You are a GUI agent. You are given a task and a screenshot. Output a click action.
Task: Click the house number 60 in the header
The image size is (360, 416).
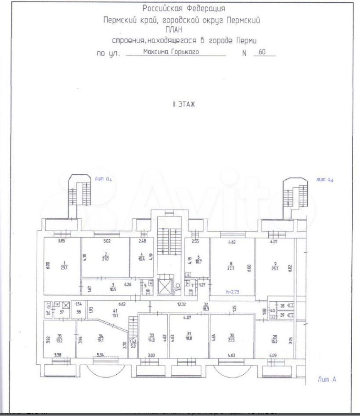tap(262, 52)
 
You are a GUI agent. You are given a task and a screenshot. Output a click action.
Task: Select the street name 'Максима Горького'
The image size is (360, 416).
tap(171, 52)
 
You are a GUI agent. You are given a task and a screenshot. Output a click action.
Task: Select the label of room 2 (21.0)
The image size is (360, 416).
tap(105, 255)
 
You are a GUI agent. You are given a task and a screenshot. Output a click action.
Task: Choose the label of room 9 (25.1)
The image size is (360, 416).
tap(275, 265)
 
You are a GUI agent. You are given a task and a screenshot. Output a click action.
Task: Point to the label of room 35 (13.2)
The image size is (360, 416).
tap(59, 339)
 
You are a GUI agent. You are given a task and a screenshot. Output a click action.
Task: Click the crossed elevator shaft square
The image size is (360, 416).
tap(164, 286)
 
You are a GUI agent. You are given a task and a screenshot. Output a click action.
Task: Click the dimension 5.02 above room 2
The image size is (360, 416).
tap(107, 240)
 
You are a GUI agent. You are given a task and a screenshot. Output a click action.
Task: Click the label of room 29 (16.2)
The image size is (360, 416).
tap(275, 339)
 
